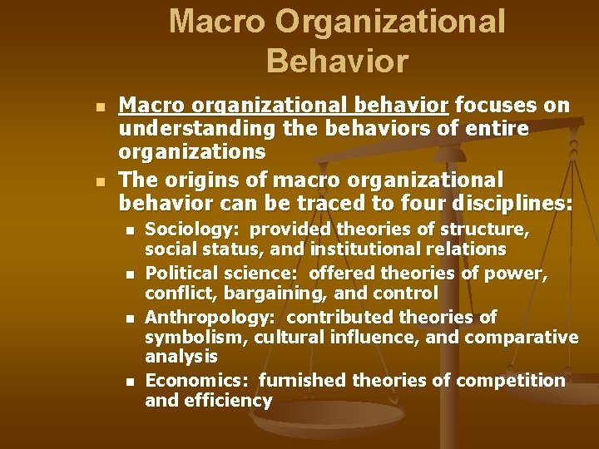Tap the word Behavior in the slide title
338,61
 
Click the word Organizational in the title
391,22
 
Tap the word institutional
365,249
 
